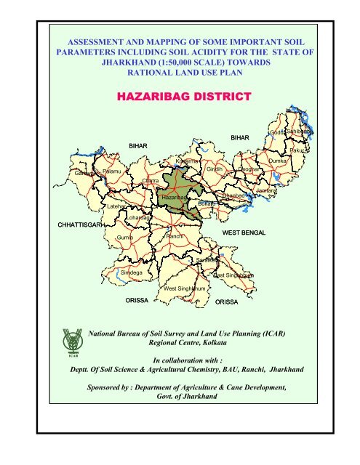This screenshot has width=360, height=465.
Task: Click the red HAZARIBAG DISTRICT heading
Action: [x=180, y=97]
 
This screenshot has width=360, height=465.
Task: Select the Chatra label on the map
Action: [x=151, y=180]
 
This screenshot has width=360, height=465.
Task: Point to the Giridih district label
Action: [x=213, y=169]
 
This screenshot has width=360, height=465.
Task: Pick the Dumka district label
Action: [x=278, y=160]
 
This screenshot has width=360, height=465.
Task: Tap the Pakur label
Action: [x=297, y=150]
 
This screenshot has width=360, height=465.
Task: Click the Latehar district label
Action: [x=115, y=206]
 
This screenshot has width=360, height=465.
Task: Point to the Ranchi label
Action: [x=175, y=237]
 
